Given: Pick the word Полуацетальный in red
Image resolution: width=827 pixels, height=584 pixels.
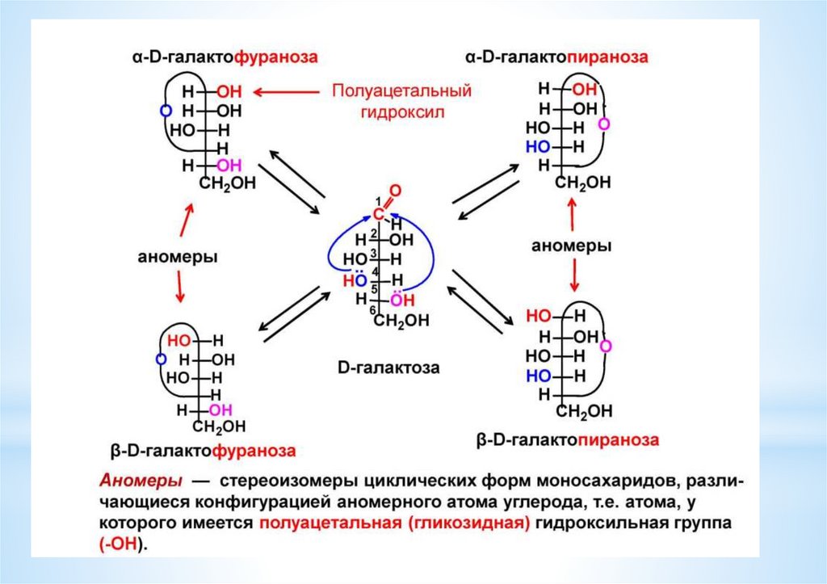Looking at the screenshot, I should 401,90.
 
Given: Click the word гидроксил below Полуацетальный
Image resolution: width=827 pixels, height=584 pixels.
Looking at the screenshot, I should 401,111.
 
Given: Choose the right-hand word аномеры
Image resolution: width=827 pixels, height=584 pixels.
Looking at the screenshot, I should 571,245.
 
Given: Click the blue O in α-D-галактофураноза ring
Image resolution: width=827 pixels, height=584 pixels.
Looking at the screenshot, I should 166,110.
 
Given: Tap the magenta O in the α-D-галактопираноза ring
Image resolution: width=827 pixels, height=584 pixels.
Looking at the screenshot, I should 603,125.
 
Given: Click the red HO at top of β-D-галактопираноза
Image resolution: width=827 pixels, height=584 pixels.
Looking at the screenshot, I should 539,315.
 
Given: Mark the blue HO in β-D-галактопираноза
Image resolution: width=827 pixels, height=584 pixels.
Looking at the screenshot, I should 539,376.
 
